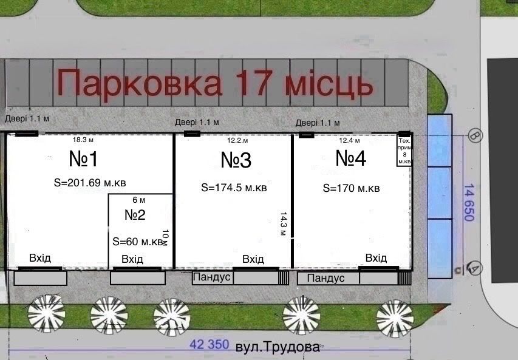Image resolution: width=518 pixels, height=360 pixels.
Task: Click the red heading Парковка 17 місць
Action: pos(216,83)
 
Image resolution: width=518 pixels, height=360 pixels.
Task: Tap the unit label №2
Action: pos(135,215)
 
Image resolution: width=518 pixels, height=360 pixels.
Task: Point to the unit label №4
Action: pos(351,159)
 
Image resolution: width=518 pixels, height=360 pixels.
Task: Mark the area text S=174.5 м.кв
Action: pos(234,188)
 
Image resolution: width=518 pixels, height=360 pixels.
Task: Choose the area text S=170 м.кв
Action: pos(352,189)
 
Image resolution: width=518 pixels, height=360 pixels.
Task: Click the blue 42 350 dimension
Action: pos(209,344)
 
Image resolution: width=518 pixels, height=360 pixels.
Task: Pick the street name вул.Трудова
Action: pos(277,347)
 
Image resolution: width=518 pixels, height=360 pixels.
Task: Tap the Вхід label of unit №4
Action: pos(376,258)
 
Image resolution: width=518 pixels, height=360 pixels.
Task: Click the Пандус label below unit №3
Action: pos(212,277)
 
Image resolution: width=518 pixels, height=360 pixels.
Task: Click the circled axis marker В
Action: pos(475,136)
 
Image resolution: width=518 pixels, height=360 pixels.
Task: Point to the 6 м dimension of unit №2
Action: pos(138,200)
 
